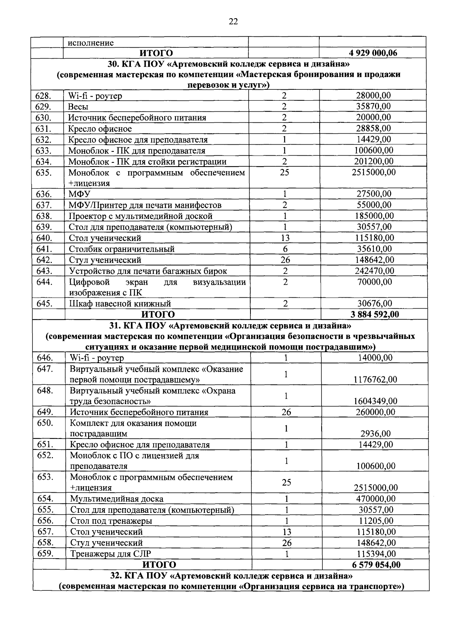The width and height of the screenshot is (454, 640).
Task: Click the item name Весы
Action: click(78, 107)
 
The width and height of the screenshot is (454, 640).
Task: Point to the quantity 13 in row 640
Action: click(285, 238)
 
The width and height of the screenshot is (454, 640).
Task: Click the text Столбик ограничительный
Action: click(121, 249)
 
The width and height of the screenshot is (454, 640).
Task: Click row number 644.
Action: click(44, 282)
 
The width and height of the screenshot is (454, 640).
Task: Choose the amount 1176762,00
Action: click(375, 379)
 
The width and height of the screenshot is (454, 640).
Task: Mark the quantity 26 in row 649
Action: click(286, 412)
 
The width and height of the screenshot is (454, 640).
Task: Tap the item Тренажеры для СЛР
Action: click(111, 554)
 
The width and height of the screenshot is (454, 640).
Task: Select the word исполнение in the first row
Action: click(91, 43)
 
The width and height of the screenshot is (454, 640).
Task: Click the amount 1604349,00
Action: click(375, 401)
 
